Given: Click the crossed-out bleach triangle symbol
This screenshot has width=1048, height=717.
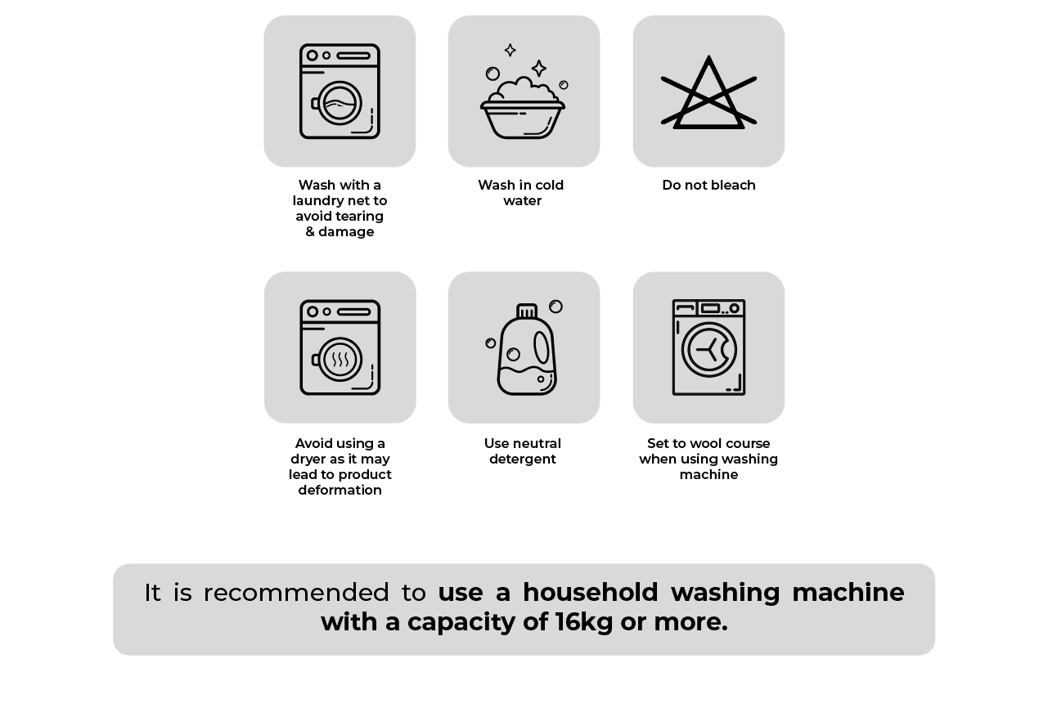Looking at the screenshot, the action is pyautogui.click(x=708, y=92).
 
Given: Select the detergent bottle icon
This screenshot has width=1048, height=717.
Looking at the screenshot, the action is pyautogui.click(x=527, y=350).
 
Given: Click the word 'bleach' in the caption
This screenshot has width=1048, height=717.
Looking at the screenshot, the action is pyautogui.click(x=733, y=185).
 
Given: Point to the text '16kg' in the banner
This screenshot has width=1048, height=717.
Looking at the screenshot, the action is pyautogui.click(x=584, y=622).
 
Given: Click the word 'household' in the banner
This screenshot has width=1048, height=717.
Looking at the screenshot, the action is pyautogui.click(x=591, y=592).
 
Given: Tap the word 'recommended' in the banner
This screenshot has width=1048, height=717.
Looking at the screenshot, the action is pyautogui.click(x=296, y=593).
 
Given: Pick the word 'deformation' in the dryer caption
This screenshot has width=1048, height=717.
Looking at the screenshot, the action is pyautogui.click(x=340, y=490).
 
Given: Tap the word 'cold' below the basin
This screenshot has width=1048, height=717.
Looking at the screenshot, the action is pyautogui.click(x=548, y=185).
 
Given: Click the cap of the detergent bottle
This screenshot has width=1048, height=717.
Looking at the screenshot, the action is pyautogui.click(x=527, y=311).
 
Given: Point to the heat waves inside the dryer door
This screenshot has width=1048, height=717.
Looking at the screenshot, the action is pyautogui.click(x=340, y=360).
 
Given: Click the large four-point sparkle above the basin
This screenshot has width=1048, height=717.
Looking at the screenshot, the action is pyautogui.click(x=539, y=68).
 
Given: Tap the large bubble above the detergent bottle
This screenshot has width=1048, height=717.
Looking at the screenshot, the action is pyautogui.click(x=555, y=307).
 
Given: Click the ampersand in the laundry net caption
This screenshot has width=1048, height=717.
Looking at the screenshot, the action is pyautogui.click(x=310, y=232).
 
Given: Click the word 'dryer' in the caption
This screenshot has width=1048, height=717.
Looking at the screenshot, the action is pyautogui.click(x=307, y=459).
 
